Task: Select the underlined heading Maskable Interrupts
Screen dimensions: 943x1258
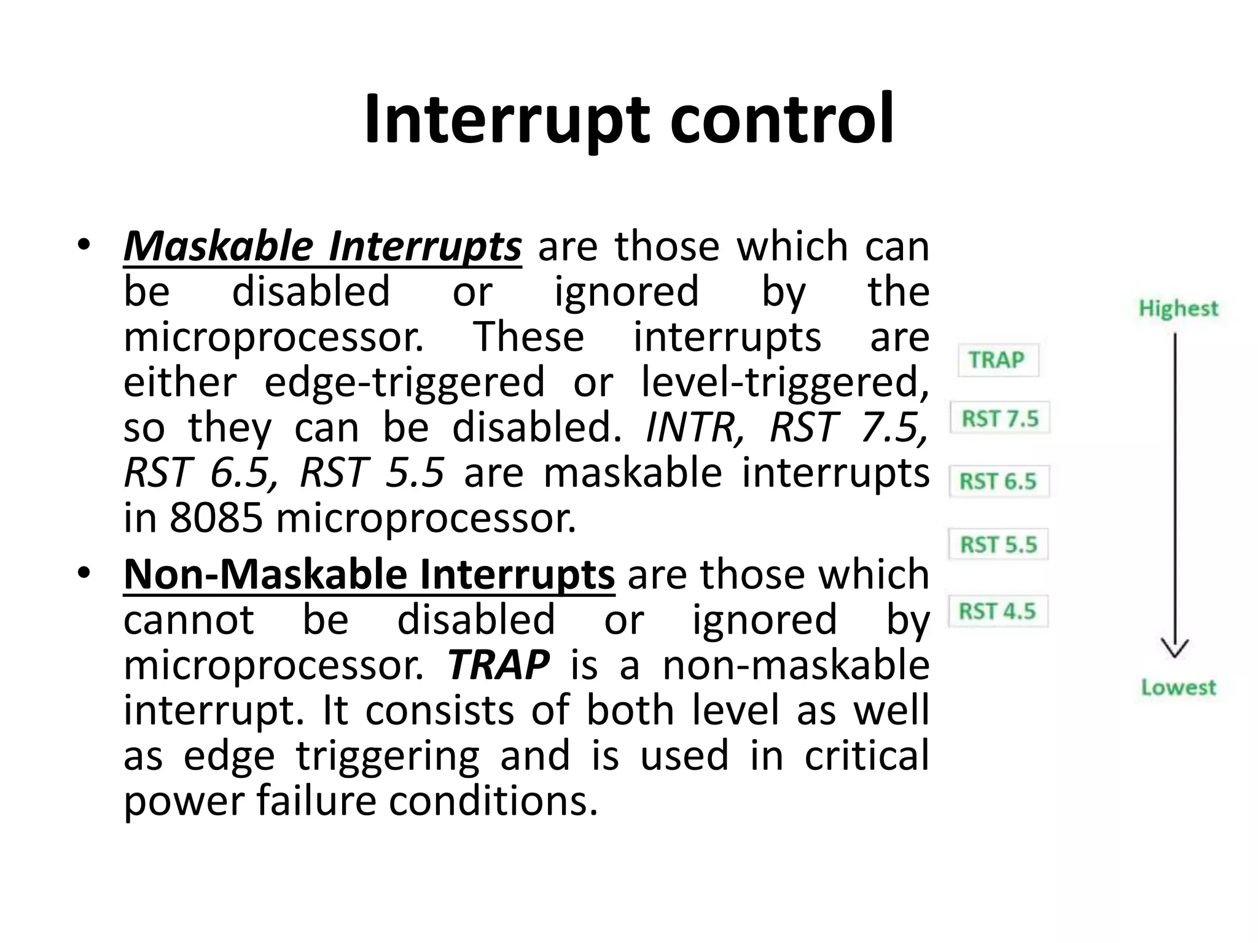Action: (322, 247)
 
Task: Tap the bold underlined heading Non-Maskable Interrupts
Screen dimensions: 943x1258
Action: (369, 575)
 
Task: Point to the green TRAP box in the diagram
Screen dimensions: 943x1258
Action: (998, 360)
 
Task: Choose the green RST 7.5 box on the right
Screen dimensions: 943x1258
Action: (999, 418)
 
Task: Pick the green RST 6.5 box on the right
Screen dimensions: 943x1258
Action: (998, 481)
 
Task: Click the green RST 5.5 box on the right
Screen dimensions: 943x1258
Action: (998, 544)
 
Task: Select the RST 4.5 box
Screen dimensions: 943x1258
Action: (997, 611)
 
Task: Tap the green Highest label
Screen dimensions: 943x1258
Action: (1178, 308)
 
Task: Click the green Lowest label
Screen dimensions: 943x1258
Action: (1178, 687)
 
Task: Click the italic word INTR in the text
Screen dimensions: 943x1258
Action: (695, 427)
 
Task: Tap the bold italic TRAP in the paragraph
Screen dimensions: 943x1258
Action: (498, 665)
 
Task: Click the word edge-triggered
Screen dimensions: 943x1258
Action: (404, 382)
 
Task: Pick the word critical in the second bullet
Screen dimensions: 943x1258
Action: (866, 756)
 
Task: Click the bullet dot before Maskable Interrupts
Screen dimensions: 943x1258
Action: (84, 246)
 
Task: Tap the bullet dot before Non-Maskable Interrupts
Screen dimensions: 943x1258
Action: (84, 574)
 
